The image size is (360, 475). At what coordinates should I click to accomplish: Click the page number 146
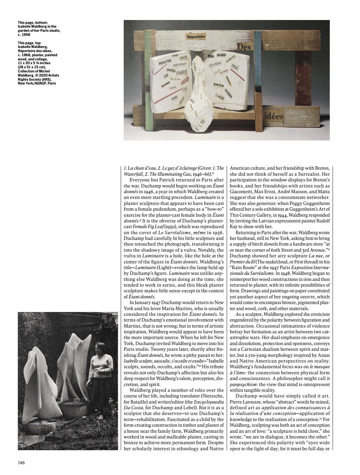(x=21, y=462)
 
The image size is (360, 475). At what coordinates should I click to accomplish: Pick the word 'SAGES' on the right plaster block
(x=221, y=55)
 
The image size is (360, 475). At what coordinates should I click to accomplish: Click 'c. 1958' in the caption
(x=24, y=35)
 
